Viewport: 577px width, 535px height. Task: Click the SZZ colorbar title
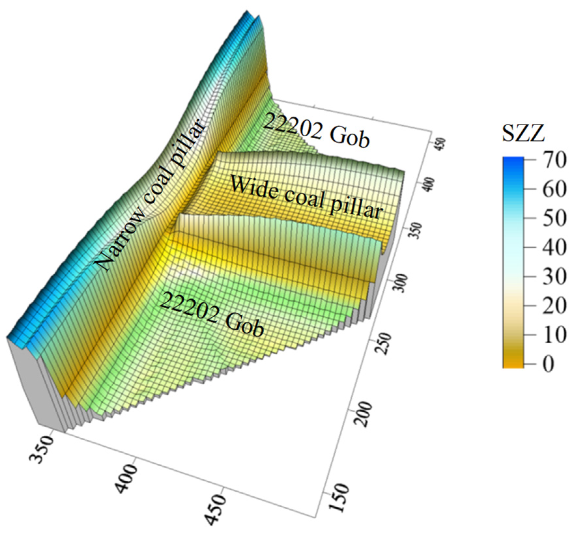pos(523,133)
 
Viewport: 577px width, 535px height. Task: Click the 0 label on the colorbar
pos(548,364)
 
